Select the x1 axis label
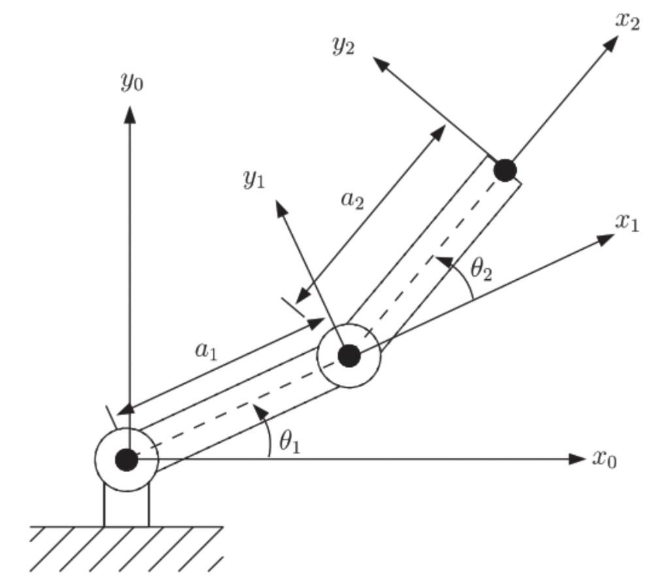point(627,224)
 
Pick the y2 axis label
point(343,48)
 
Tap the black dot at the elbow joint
point(350,356)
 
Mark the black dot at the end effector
point(504,170)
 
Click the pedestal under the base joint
point(127,507)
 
